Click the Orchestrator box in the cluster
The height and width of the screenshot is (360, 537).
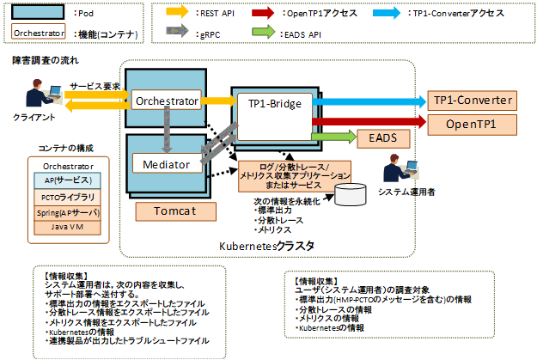coord(167,101)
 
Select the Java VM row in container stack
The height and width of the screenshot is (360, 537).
coord(65,228)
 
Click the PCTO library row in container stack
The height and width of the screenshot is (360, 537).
coord(65,197)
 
